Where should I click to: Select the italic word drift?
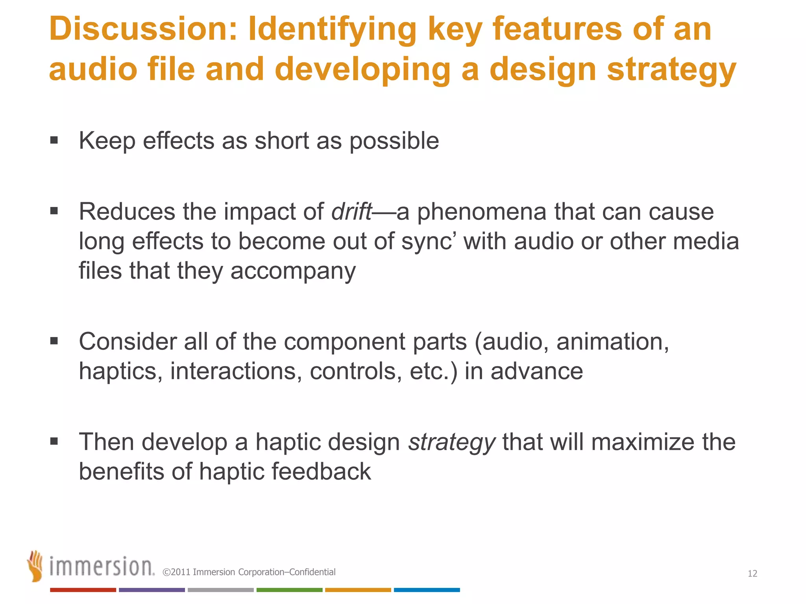[x=351, y=212]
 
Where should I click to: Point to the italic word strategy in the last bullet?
[x=452, y=442]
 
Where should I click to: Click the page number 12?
[x=752, y=574]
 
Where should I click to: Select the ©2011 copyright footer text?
[x=249, y=572]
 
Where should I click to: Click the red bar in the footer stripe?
[x=83, y=590]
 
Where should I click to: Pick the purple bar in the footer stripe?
[x=152, y=590]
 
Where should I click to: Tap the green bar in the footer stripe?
[x=289, y=590]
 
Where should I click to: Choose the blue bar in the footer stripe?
[x=427, y=590]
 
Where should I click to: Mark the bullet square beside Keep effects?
[x=54, y=140]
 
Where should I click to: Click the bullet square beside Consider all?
[x=54, y=341]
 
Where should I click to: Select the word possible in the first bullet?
[x=394, y=141]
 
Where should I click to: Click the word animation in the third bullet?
[x=612, y=341]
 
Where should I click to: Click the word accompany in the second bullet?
[x=293, y=271]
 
